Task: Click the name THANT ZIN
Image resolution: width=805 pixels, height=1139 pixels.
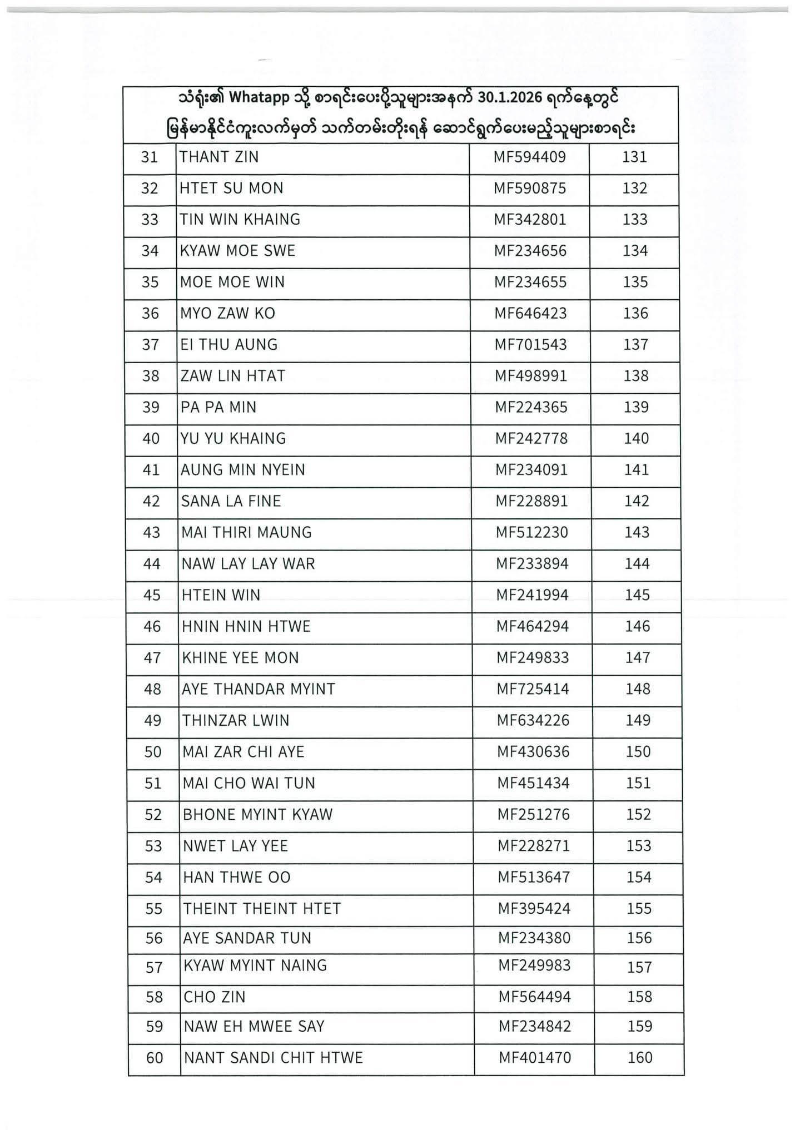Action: (219, 157)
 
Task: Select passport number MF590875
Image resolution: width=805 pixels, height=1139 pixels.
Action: (530, 189)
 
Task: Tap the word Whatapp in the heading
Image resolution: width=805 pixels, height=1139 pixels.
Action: (259, 98)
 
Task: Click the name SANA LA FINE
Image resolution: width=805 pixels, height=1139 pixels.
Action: (231, 502)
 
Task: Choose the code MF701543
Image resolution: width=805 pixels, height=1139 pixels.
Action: (531, 345)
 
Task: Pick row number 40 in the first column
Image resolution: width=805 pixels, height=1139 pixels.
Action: (151, 439)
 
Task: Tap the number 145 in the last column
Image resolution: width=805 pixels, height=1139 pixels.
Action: (637, 596)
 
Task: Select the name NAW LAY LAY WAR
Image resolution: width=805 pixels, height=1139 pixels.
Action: (248, 564)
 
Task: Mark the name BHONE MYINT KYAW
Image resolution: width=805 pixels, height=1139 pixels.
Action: (257, 815)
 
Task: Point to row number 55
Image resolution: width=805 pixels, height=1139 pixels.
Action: (153, 909)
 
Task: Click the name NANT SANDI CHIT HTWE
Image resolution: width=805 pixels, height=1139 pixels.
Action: (273, 1058)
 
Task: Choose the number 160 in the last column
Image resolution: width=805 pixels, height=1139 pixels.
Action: (640, 1058)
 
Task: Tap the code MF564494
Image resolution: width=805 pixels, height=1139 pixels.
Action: (534, 997)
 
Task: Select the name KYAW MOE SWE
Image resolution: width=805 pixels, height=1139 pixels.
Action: (237, 251)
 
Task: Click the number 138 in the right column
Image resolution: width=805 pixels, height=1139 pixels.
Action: (636, 377)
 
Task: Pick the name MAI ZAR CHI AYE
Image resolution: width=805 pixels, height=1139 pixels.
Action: (244, 752)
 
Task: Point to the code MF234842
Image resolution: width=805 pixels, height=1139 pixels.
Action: (534, 1027)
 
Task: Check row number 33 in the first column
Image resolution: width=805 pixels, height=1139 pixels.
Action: (150, 220)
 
